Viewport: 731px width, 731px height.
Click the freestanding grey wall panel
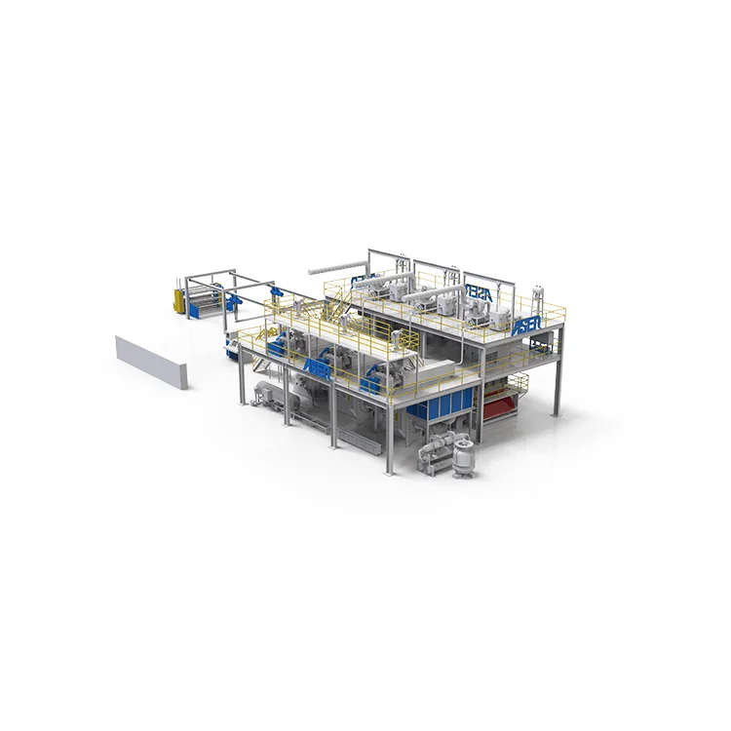coord(150,362)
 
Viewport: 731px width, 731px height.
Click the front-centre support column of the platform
coord(390,434)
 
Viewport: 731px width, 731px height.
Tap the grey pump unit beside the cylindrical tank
coord(429,458)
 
